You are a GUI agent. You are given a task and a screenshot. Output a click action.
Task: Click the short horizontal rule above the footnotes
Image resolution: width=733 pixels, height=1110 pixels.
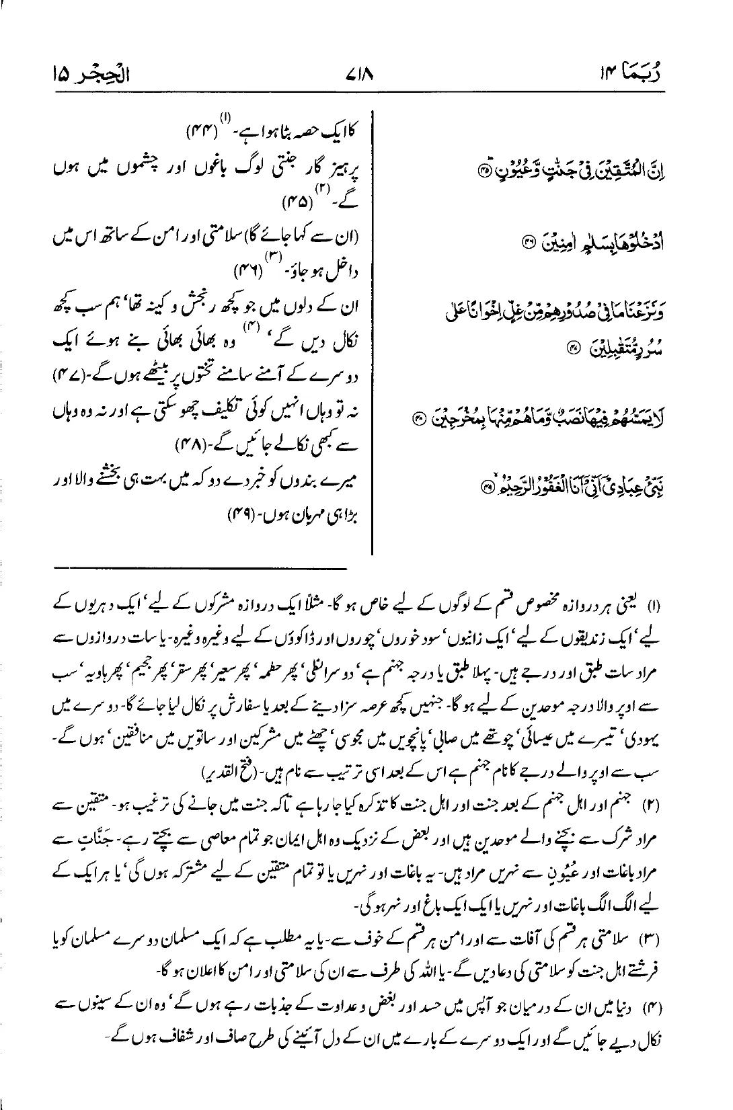pyautogui.click(x=202, y=569)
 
